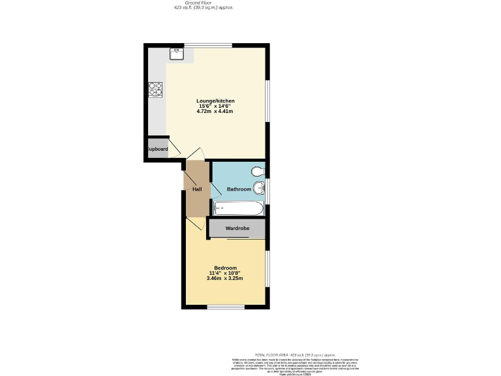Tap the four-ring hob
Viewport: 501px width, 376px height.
(x=155, y=89)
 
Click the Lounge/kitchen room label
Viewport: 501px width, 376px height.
(x=215, y=101)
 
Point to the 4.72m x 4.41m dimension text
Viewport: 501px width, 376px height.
(x=215, y=112)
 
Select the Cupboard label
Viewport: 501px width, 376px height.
(x=157, y=149)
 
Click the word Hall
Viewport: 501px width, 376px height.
(x=196, y=189)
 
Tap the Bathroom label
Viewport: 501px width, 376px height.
(x=239, y=189)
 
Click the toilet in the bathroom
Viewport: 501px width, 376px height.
(x=258, y=171)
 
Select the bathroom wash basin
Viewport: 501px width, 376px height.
(x=260, y=189)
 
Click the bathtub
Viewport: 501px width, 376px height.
(x=239, y=208)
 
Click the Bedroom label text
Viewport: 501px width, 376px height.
(x=225, y=268)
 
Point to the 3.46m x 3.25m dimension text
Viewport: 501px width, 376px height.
(x=226, y=279)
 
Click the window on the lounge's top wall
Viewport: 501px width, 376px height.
(x=208, y=45)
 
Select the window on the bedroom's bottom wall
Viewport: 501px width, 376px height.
(x=226, y=306)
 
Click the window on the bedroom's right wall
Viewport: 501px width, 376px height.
(x=267, y=268)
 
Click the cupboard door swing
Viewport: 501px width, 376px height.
(x=174, y=151)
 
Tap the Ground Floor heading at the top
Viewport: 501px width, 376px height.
(x=203, y=3)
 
